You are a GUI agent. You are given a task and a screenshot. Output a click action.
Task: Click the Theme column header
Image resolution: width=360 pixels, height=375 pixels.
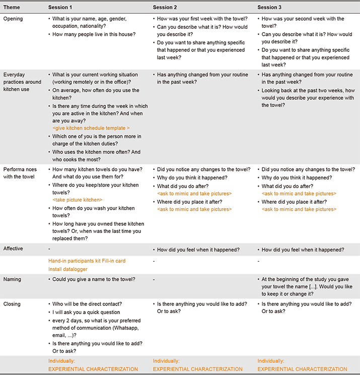12,7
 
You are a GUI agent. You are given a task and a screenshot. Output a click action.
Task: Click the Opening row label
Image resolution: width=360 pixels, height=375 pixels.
13,19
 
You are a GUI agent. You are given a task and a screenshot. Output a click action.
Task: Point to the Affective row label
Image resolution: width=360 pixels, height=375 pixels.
14,249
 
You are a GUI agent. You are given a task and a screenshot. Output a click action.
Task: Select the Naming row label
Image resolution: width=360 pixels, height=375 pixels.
12,279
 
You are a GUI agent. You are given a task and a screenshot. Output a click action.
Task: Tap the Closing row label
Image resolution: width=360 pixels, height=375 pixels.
13,304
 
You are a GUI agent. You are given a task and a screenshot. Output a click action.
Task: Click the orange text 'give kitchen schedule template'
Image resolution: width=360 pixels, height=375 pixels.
91,128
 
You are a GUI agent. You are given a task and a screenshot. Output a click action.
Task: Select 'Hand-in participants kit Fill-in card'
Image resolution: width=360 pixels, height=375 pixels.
87,261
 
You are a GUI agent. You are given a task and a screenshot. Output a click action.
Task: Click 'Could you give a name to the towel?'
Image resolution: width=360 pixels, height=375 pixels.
94,279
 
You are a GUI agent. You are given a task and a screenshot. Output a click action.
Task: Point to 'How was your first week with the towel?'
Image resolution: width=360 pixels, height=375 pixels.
201,19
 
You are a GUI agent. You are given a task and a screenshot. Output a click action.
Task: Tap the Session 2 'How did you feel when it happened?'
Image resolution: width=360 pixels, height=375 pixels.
198,249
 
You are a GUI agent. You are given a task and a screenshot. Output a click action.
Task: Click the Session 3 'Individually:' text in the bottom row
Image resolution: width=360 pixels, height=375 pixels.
270,361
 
